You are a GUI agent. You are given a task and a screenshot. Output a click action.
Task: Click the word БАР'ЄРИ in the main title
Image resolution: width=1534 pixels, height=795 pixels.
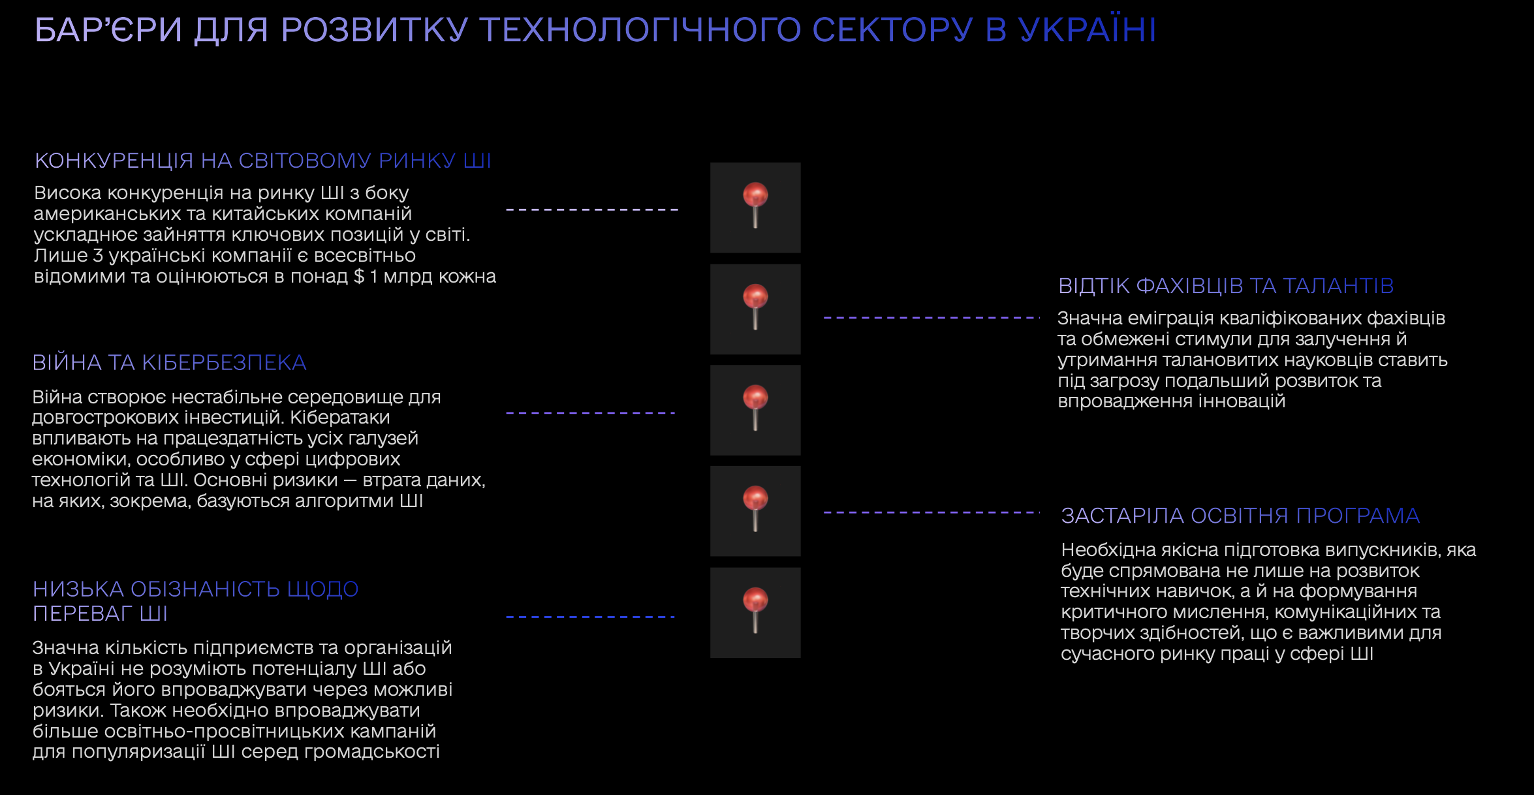(x=108, y=29)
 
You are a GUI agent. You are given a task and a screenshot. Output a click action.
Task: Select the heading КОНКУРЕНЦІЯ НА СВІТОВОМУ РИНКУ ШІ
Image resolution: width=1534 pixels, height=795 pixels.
(x=263, y=161)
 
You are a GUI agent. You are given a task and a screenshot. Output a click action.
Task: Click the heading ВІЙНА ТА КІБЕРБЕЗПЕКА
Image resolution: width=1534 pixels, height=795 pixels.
(x=169, y=363)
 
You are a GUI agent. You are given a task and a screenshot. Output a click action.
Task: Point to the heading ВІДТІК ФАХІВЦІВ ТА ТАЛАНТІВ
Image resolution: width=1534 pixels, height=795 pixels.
(x=1226, y=286)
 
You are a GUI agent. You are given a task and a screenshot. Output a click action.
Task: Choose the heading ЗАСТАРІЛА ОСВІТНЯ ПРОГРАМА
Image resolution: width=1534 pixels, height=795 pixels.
(x=1240, y=516)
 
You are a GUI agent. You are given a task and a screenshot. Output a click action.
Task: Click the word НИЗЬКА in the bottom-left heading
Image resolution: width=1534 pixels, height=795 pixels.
(x=78, y=589)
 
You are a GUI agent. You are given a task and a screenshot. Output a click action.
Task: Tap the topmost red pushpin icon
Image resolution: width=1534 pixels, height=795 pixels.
(x=755, y=205)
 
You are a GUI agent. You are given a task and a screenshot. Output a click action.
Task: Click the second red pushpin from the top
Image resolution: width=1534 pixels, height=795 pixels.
(x=755, y=307)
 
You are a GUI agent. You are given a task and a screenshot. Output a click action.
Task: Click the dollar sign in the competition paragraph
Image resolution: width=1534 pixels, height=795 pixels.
(x=359, y=277)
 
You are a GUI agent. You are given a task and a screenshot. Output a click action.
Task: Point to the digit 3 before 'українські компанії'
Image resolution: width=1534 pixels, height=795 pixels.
(x=98, y=256)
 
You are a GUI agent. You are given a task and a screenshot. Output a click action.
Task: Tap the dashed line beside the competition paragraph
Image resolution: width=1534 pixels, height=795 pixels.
(x=592, y=210)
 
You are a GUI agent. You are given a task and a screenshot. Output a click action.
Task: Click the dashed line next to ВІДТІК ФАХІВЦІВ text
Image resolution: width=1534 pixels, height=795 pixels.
(x=931, y=318)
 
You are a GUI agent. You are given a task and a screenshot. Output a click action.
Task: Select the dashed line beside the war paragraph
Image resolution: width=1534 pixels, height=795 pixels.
(x=590, y=413)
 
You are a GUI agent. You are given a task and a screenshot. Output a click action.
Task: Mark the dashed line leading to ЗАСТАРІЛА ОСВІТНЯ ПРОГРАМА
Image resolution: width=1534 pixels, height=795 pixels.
(x=931, y=513)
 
